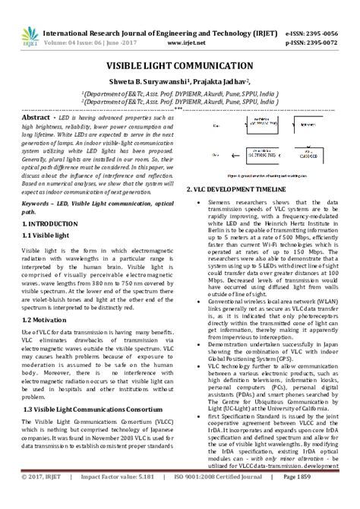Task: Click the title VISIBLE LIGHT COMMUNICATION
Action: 179,67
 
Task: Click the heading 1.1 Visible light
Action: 50,238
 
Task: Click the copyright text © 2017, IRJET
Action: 39,498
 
